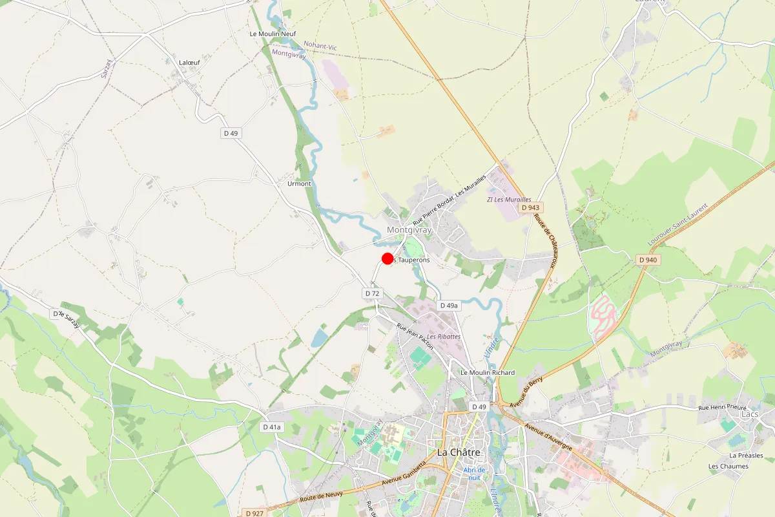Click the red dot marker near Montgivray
coord(387,258)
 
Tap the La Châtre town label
coord(459,452)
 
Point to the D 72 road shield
coord(372,293)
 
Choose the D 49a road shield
coord(448,305)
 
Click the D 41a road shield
coord(273,427)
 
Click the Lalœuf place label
coord(189,63)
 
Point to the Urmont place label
coord(299,184)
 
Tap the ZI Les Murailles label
coord(509,200)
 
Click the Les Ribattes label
coord(444,337)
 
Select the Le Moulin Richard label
coord(488,372)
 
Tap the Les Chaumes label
coord(728,466)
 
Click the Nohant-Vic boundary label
coord(320,47)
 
